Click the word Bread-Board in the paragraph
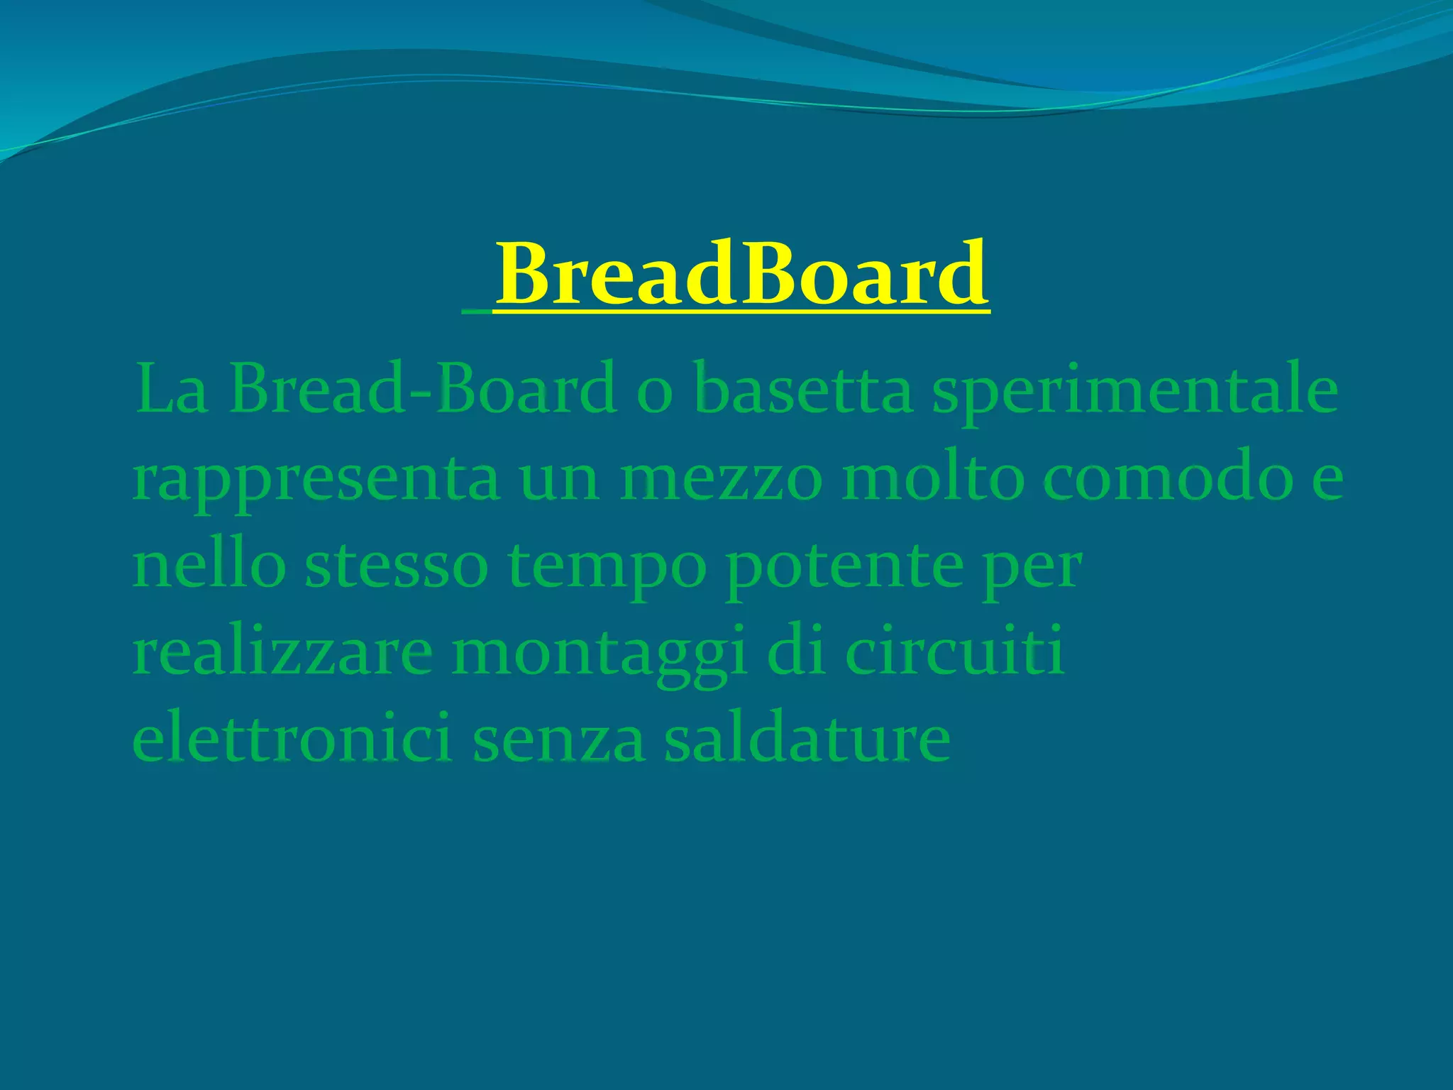[x=422, y=388]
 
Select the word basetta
[x=802, y=388]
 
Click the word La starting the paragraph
[x=171, y=390]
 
